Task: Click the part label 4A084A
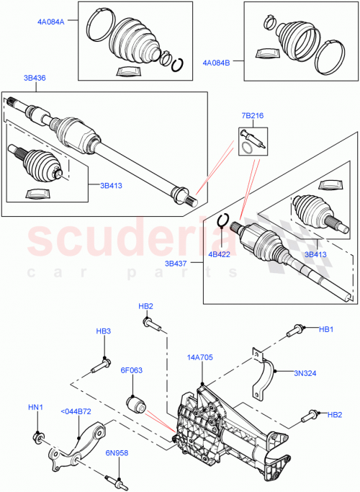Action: tap(51, 22)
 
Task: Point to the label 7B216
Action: tap(252, 115)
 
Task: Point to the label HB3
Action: tap(104, 331)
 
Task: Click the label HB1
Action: tap(327, 329)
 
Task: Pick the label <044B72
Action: tap(77, 411)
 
